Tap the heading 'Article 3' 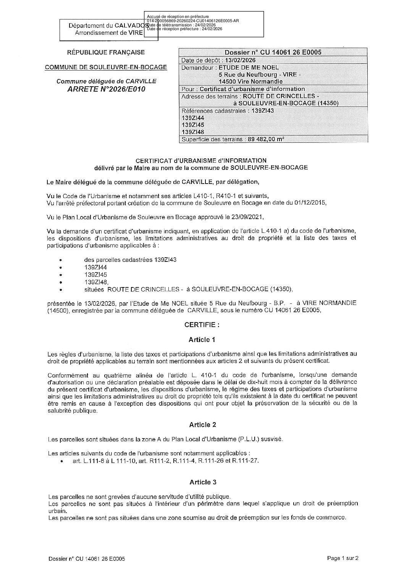click(203, 482)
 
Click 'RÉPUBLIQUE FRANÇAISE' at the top click(106, 52)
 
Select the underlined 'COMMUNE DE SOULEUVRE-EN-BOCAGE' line click(106, 67)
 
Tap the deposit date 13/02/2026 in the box click(240, 60)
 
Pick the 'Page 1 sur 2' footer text click(343, 558)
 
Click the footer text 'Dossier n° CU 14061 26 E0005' click(87, 559)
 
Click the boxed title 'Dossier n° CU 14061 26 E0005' click(273, 53)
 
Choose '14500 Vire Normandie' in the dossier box click(250, 81)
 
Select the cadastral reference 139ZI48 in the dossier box click(193, 132)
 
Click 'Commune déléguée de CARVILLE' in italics click(107, 81)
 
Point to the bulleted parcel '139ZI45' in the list click(96, 274)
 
